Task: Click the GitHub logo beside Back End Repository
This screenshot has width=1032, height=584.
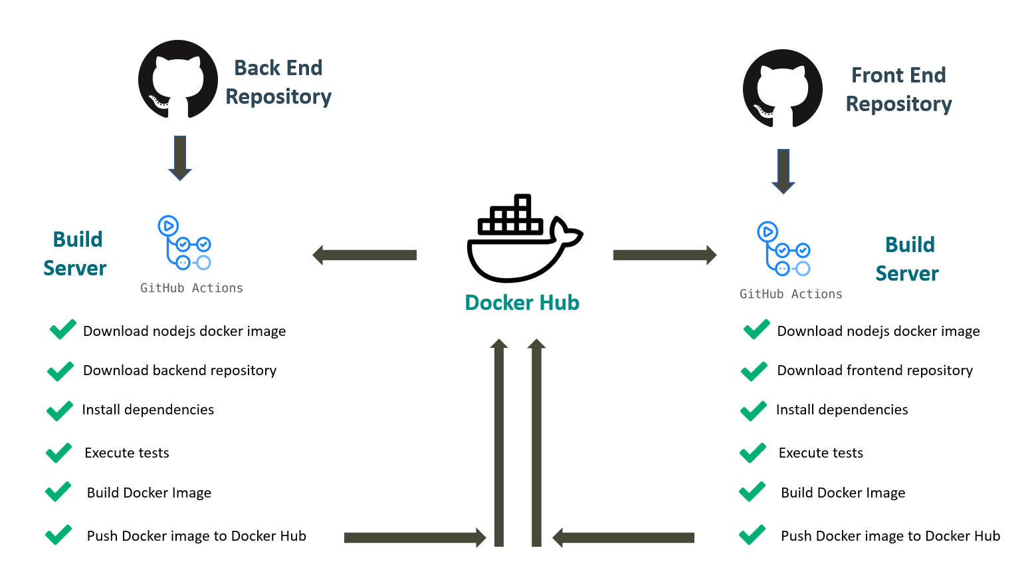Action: click(178, 80)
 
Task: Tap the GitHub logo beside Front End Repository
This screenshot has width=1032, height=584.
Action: click(782, 88)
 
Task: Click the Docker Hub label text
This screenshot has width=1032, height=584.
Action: click(522, 303)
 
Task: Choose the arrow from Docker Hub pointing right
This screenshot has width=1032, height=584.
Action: click(665, 255)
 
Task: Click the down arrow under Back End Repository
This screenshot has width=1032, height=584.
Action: click(180, 158)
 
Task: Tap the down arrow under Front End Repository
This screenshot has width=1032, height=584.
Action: click(783, 171)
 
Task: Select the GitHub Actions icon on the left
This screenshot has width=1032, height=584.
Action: click(184, 243)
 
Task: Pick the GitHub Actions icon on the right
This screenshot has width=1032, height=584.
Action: click(783, 249)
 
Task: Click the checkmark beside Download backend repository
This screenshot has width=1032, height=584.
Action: click(60, 370)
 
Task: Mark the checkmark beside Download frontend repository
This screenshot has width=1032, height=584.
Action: click(754, 370)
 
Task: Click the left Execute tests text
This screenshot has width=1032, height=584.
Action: click(127, 453)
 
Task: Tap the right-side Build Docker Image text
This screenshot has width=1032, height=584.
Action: click(843, 493)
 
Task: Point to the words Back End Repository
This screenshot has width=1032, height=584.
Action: click(278, 82)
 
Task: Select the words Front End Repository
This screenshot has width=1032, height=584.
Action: click(898, 89)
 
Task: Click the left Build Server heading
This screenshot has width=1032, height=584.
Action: click(75, 253)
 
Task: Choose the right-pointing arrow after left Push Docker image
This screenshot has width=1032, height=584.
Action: click(415, 537)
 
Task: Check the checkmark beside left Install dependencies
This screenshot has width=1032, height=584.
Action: click(60, 410)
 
